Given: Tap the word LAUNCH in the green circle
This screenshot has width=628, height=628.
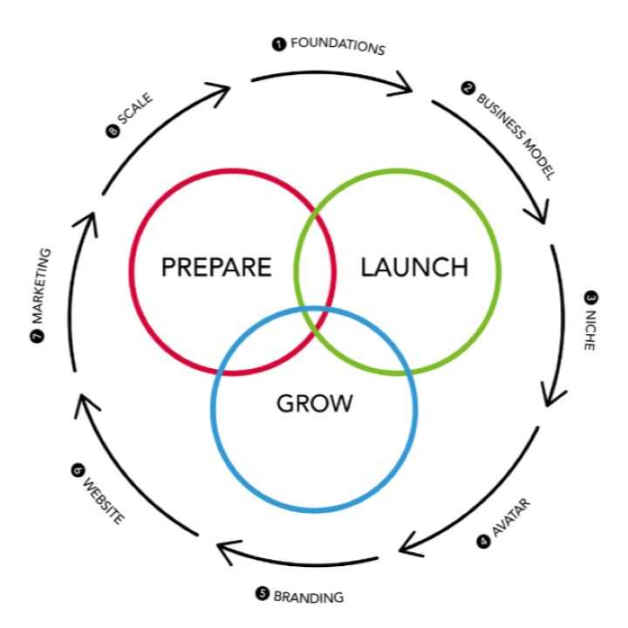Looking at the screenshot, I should click(414, 267).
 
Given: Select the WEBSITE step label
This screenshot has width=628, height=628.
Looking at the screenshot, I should click(101, 495).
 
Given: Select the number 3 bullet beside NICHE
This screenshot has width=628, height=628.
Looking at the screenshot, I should click(590, 297).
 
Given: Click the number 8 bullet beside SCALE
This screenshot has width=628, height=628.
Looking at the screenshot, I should click(112, 133).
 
